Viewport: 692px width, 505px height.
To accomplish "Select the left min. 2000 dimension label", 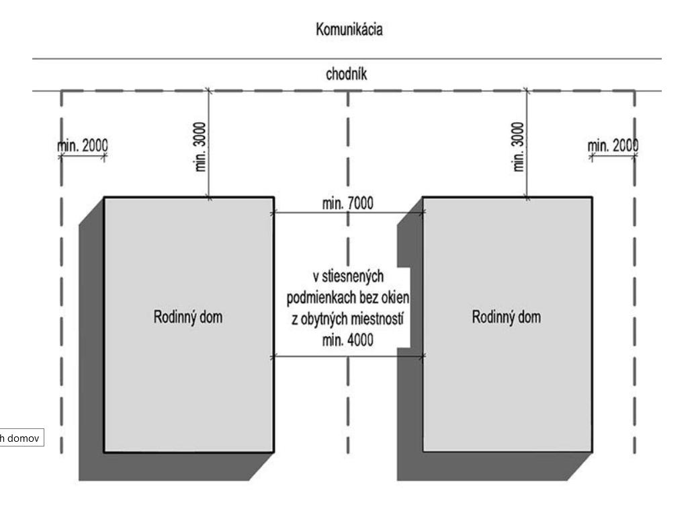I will (x=83, y=146).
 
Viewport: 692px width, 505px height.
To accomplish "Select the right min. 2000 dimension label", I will (x=612, y=146).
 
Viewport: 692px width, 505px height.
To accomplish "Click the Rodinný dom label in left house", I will (x=189, y=317).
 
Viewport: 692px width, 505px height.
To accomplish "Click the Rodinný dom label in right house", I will (x=508, y=317).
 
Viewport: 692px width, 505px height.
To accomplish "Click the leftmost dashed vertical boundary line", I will (x=61, y=269).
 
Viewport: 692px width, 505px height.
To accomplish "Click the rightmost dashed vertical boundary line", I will (x=635, y=269).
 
